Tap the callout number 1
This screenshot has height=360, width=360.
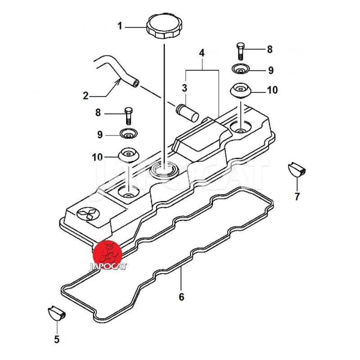pyautogui.click(x=120, y=27)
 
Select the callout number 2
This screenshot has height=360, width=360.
pyautogui.click(x=85, y=95)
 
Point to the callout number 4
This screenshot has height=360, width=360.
pyautogui.click(x=202, y=53)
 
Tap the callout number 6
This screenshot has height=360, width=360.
pyautogui.click(x=181, y=297)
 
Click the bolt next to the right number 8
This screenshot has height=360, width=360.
pyautogui.click(x=240, y=50)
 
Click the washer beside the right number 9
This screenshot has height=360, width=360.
pyautogui.click(x=241, y=70)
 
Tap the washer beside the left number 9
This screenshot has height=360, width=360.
pyautogui.click(x=128, y=134)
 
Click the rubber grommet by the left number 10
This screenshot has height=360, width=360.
pyautogui.click(x=129, y=155)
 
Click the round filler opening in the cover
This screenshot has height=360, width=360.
pyautogui.click(x=164, y=170)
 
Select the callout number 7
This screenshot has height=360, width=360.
pyautogui.click(x=297, y=196)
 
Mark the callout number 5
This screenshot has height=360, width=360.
pyautogui.click(x=57, y=339)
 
